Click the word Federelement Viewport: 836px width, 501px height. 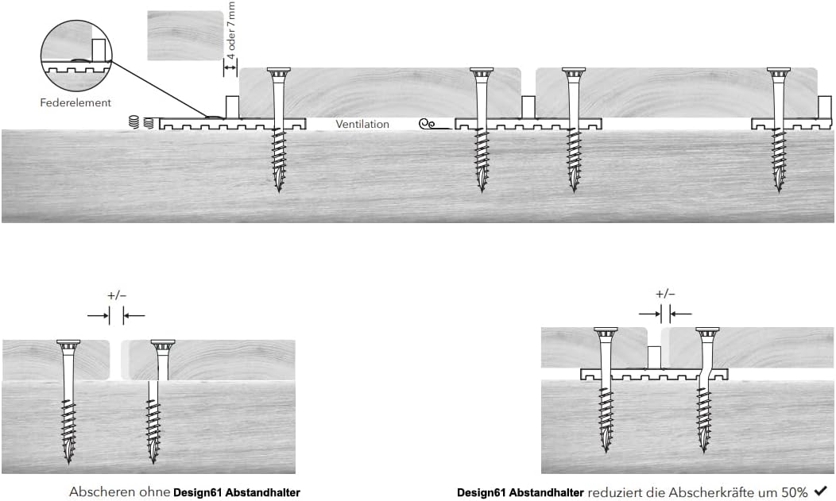click(x=75, y=102)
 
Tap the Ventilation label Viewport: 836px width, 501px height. click(x=362, y=124)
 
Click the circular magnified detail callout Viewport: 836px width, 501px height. click(x=76, y=53)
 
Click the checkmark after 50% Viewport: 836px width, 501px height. click(x=821, y=491)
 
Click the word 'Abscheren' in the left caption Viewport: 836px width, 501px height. click(x=98, y=492)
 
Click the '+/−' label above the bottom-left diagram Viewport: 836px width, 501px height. click(x=116, y=295)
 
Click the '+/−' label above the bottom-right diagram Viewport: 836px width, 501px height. click(x=665, y=293)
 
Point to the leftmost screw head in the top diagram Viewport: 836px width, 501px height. click(x=278, y=72)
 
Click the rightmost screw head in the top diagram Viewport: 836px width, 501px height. click(x=778, y=72)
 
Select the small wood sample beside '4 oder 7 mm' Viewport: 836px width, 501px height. click(x=184, y=35)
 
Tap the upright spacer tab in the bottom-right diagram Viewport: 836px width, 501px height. click(x=655, y=356)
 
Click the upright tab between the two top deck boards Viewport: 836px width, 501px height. click(x=528, y=106)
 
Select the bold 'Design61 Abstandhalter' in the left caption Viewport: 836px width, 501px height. click(x=237, y=492)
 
